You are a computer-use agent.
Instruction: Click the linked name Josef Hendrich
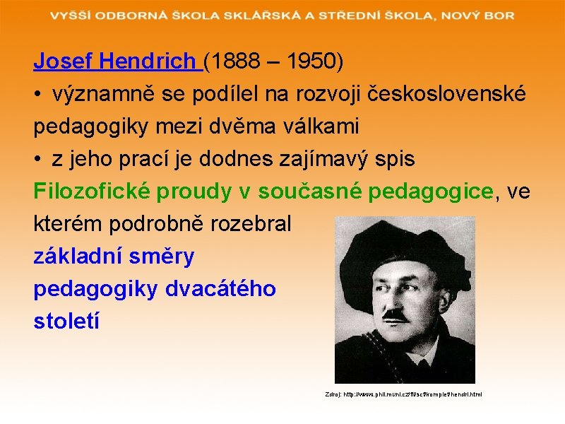pos(117,62)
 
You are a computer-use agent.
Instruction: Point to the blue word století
pos(66,321)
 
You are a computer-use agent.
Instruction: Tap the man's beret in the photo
pos(395,244)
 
